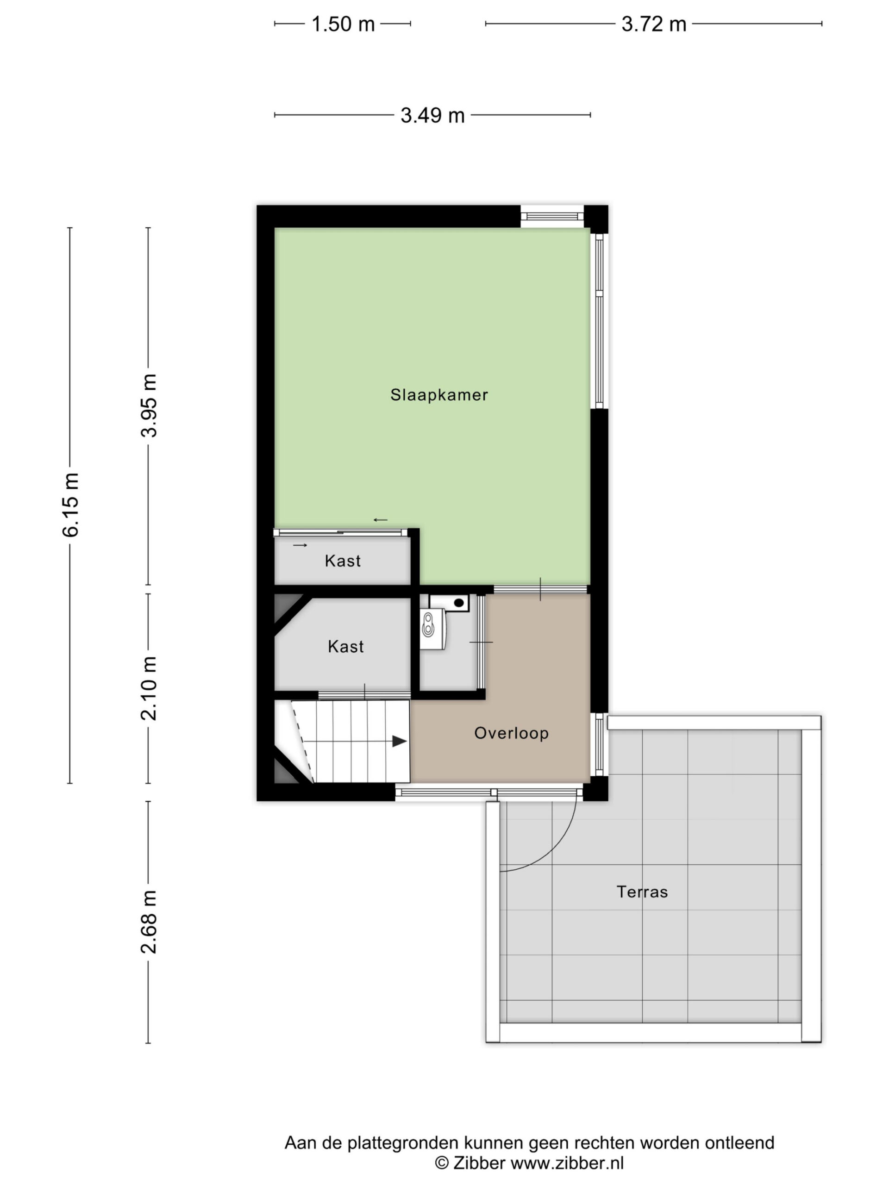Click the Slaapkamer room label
[439, 395]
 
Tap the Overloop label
[511, 733]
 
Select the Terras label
[642, 892]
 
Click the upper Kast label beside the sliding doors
[343, 561]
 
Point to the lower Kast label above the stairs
[345, 647]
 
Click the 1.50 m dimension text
[343, 24]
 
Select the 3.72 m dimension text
[653, 24]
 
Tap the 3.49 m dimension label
[432, 115]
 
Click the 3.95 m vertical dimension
[150, 405]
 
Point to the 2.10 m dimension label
[150, 688]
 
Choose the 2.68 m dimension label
[150, 923]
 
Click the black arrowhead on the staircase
[399, 741]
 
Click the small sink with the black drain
[449, 602]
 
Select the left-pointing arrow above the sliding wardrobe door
[381, 520]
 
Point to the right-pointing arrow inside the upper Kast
[300, 545]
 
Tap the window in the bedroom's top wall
[552, 217]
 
